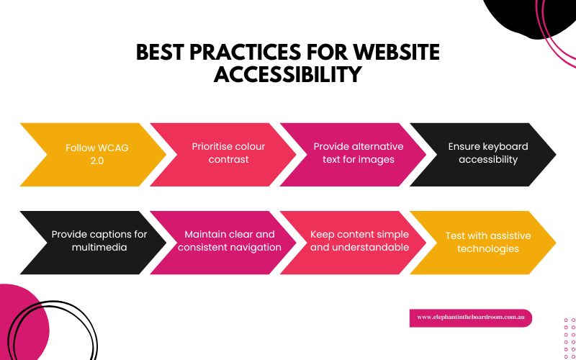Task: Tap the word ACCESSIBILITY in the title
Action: coord(287,74)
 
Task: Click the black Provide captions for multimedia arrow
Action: coord(94,240)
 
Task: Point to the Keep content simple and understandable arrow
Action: coord(358,240)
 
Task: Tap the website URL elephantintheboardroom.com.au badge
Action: coord(470,318)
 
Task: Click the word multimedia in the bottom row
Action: coord(99,248)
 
